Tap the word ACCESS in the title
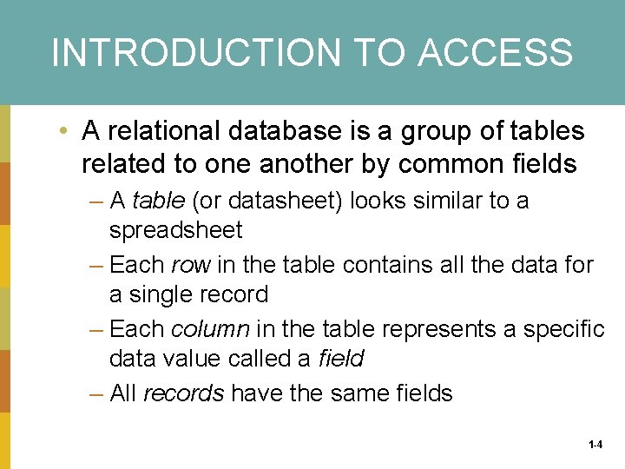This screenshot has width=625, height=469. [x=495, y=52]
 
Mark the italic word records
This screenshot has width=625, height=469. [x=183, y=393]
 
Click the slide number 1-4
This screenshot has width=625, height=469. [x=595, y=445]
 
